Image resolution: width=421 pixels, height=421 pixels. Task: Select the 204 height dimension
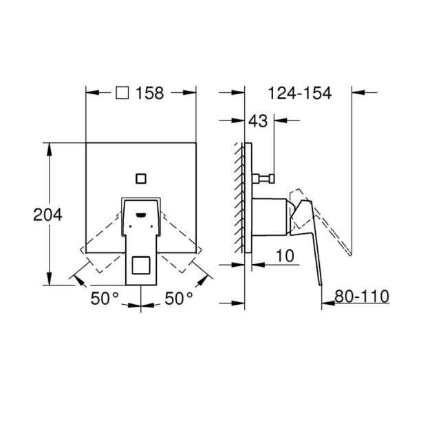click(x=48, y=215)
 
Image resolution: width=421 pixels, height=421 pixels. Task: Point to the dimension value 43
click(x=258, y=121)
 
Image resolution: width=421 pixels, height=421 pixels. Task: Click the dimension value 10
click(x=285, y=255)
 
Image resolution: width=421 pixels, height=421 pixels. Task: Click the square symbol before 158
click(x=122, y=93)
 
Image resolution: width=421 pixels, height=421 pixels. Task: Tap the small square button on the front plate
click(x=141, y=177)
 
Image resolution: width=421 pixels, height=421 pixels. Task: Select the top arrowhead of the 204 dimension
click(x=48, y=147)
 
